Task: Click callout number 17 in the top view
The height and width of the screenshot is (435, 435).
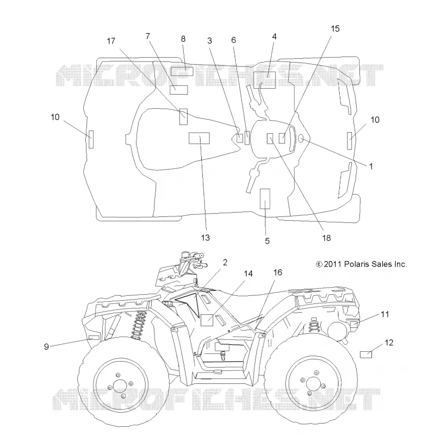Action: (111, 41)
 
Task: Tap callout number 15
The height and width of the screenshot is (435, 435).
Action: (335, 29)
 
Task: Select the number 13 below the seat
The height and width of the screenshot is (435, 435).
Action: (206, 238)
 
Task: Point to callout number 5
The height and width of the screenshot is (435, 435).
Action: (267, 241)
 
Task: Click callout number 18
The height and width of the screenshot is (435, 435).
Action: (327, 238)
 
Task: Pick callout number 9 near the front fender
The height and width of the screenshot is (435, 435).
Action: (46, 346)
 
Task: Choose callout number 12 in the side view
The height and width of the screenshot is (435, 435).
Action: (389, 343)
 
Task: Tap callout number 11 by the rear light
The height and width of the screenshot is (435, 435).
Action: (385, 314)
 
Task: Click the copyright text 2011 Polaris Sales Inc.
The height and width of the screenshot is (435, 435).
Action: (362, 264)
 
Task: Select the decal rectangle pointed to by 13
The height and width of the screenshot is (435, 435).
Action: (199, 138)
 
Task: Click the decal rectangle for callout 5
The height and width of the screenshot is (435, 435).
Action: (265, 198)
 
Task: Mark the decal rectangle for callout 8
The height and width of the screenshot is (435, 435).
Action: (182, 71)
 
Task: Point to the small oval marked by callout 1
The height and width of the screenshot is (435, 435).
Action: (301, 138)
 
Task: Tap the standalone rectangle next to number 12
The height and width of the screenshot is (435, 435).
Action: (365, 355)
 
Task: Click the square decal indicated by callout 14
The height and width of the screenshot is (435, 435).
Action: (207, 320)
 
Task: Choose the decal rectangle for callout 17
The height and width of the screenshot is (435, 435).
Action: (183, 116)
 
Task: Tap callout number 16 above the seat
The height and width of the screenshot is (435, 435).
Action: (278, 272)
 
